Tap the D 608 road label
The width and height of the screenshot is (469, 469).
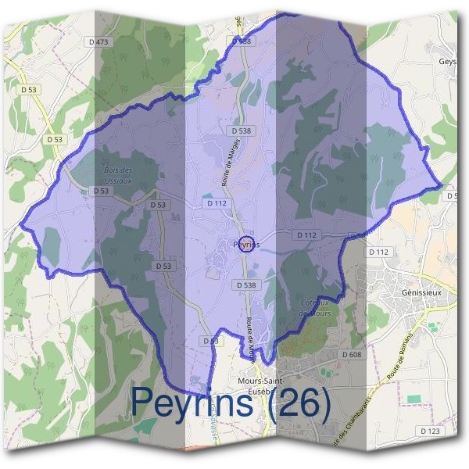[351, 354]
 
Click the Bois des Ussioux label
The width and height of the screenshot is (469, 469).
[118, 174]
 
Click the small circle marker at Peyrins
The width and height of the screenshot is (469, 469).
[245, 245]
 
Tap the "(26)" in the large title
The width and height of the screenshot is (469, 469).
[296, 403]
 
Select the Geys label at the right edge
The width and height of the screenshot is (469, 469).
[448, 61]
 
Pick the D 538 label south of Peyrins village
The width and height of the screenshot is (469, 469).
[246, 285]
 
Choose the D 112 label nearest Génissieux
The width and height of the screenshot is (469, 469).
[378, 252]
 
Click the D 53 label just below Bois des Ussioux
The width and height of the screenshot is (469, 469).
[100, 191]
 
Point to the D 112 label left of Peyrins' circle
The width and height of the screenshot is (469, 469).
[217, 202]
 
